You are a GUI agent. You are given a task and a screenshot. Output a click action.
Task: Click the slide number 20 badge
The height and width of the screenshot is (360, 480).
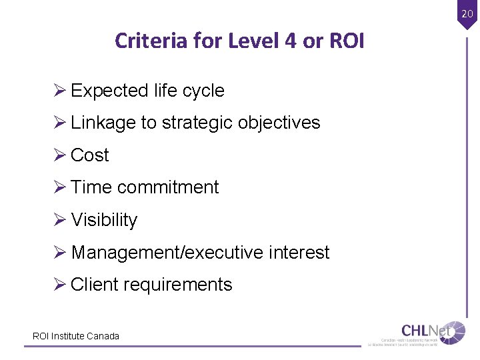pyautogui.click(x=466, y=13)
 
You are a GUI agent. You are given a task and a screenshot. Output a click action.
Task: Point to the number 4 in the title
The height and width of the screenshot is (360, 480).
pyautogui.click(x=290, y=41)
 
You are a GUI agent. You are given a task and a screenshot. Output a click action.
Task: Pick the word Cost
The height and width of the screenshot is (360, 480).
pyautogui.click(x=89, y=155)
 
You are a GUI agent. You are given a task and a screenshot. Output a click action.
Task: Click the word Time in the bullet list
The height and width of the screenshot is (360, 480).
pyautogui.click(x=91, y=187)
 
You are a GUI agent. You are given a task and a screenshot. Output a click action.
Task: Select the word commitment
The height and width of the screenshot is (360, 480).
pyautogui.click(x=168, y=187)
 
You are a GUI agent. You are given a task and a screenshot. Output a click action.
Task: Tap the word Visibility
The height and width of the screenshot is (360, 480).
pyautogui.click(x=104, y=220)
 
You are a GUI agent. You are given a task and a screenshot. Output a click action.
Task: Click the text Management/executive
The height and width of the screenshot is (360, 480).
pyautogui.click(x=167, y=253)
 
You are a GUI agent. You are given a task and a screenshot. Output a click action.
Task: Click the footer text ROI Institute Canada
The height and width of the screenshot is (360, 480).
pyautogui.click(x=76, y=336)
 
